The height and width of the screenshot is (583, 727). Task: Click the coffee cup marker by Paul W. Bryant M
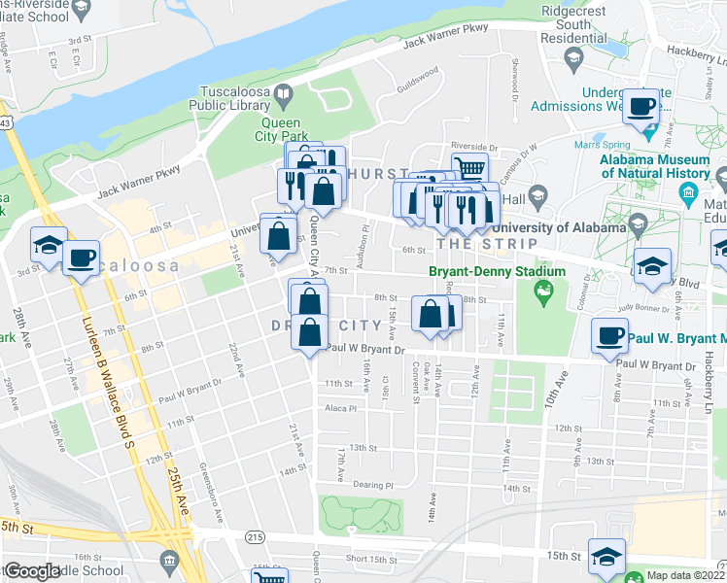pyautogui.click(x=610, y=335)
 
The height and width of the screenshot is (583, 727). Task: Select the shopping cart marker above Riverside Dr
pyautogui.click(x=469, y=167)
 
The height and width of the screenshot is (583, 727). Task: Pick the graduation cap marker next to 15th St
pyautogui.click(x=607, y=557)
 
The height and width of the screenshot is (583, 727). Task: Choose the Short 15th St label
pyautogui.click(x=368, y=558)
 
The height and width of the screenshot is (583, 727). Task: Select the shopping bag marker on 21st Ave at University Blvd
pyautogui.click(x=279, y=236)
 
